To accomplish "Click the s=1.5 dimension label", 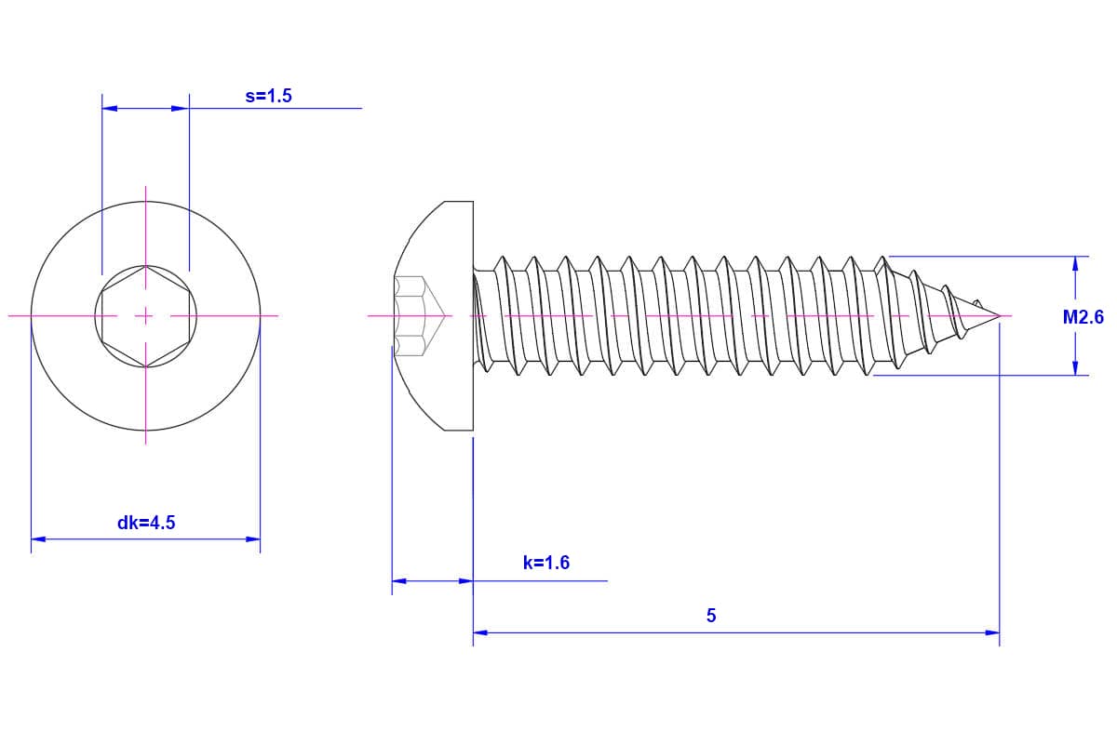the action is (268, 96).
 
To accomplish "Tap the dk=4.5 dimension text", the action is (146, 523).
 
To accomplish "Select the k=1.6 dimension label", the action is (546, 563).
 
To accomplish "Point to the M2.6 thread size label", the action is (1083, 317).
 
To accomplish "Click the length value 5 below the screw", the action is (711, 616).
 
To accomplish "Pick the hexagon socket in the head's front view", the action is (145, 316).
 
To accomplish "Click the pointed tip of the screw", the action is (1000, 315).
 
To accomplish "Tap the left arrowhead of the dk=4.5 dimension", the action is (38, 539).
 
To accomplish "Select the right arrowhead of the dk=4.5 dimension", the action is (253, 539).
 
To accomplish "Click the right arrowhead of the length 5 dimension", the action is (992, 633).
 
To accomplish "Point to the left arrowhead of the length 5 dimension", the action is (480, 633).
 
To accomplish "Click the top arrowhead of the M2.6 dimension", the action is (1075, 263).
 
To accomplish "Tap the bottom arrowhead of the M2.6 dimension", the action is (1075, 367).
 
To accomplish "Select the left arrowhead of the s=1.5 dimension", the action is (110, 108).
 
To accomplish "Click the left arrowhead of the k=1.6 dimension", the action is (399, 581).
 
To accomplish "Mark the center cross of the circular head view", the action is (145, 316).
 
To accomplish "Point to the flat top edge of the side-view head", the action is (459, 201).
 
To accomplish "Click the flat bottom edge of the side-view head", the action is (459, 430).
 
